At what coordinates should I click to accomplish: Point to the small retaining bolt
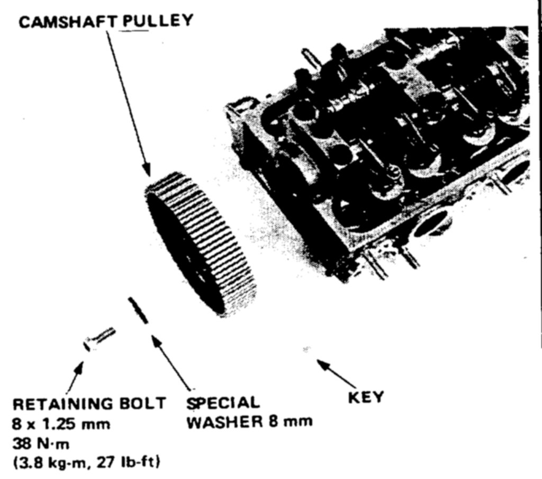99,338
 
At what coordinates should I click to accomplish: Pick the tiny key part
306,349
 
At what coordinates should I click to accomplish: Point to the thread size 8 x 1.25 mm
61,424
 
